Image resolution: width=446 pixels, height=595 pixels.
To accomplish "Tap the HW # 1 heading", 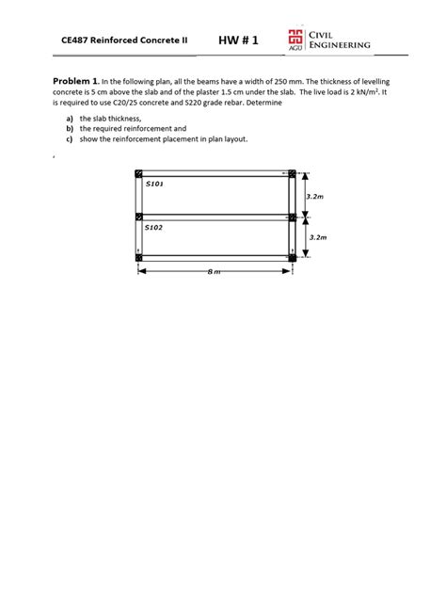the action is tap(238, 40).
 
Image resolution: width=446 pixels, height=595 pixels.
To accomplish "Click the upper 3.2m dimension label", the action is tap(316, 196).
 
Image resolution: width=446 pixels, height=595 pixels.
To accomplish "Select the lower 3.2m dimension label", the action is tap(316, 238).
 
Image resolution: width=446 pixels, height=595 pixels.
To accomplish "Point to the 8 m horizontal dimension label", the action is tap(214, 272).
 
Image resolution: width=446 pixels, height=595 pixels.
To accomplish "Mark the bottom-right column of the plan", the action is tap(293, 257).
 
